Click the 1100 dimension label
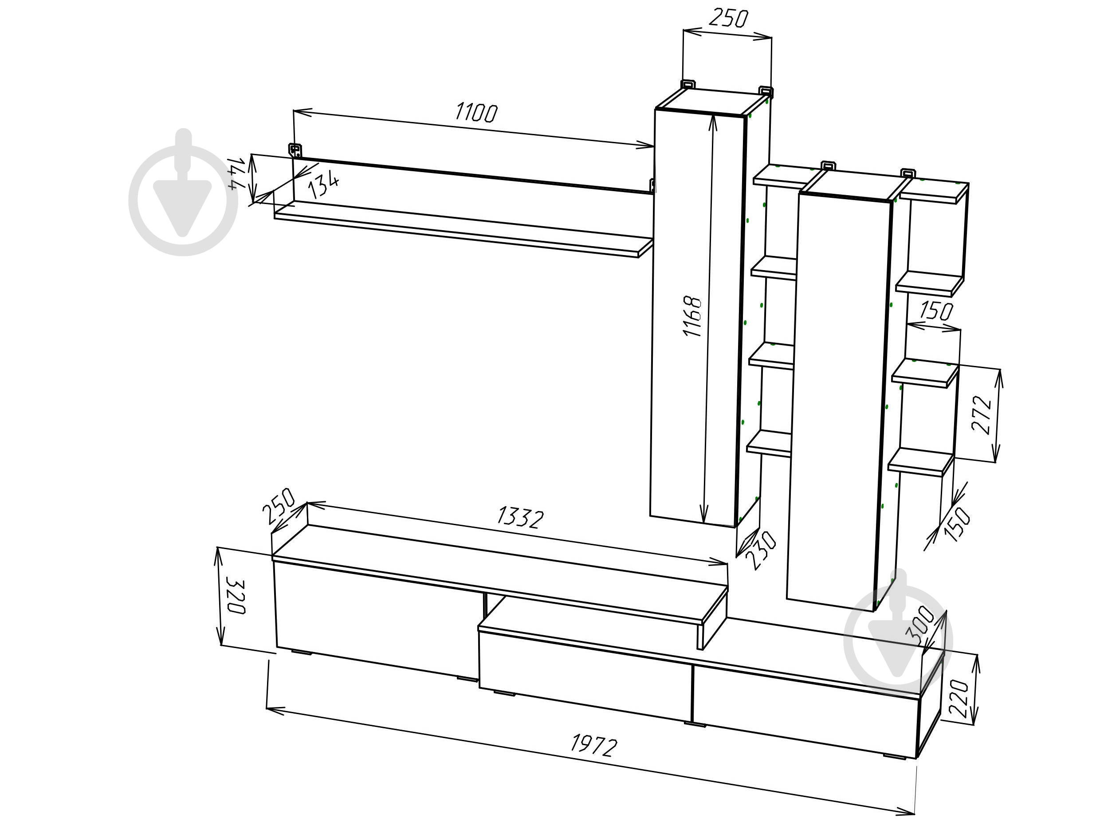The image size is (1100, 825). (476, 112)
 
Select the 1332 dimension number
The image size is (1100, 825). (521, 517)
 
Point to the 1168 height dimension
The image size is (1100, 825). (692, 316)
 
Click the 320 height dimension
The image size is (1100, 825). (235, 596)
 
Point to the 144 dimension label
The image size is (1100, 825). (237, 173)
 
